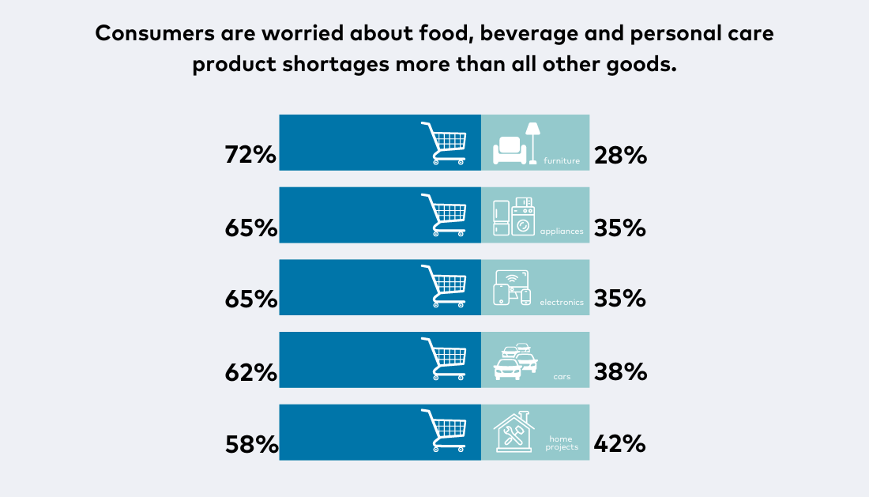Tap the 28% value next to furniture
tap(620, 156)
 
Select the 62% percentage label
tap(250, 372)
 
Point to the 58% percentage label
tap(250, 445)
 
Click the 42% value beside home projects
tap(620, 445)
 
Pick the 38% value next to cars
tap(620, 372)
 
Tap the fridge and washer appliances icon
tap(513, 216)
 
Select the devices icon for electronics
tap(512, 288)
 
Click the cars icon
tap(515, 361)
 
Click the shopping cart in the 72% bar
tap(444, 143)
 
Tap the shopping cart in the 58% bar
tap(444, 431)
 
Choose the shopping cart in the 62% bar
tap(444, 359)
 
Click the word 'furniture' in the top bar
tap(562, 161)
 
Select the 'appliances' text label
tap(562, 232)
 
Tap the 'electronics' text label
tap(562, 303)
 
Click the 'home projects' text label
tap(562, 442)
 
